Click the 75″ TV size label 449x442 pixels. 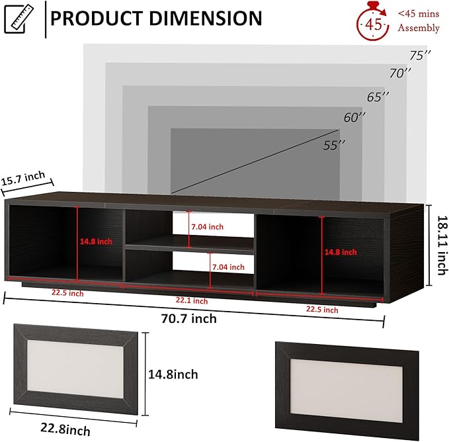[x=419, y=55]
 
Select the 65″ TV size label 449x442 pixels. [x=378, y=97]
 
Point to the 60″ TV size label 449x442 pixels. [x=354, y=118]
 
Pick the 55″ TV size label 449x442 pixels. [x=333, y=146]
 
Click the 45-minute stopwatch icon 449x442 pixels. [x=372, y=24]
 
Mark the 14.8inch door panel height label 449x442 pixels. [x=173, y=375]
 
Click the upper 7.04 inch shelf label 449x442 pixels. [x=207, y=227]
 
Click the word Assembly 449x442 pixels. [x=418, y=28]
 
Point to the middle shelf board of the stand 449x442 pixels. [x=189, y=247]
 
